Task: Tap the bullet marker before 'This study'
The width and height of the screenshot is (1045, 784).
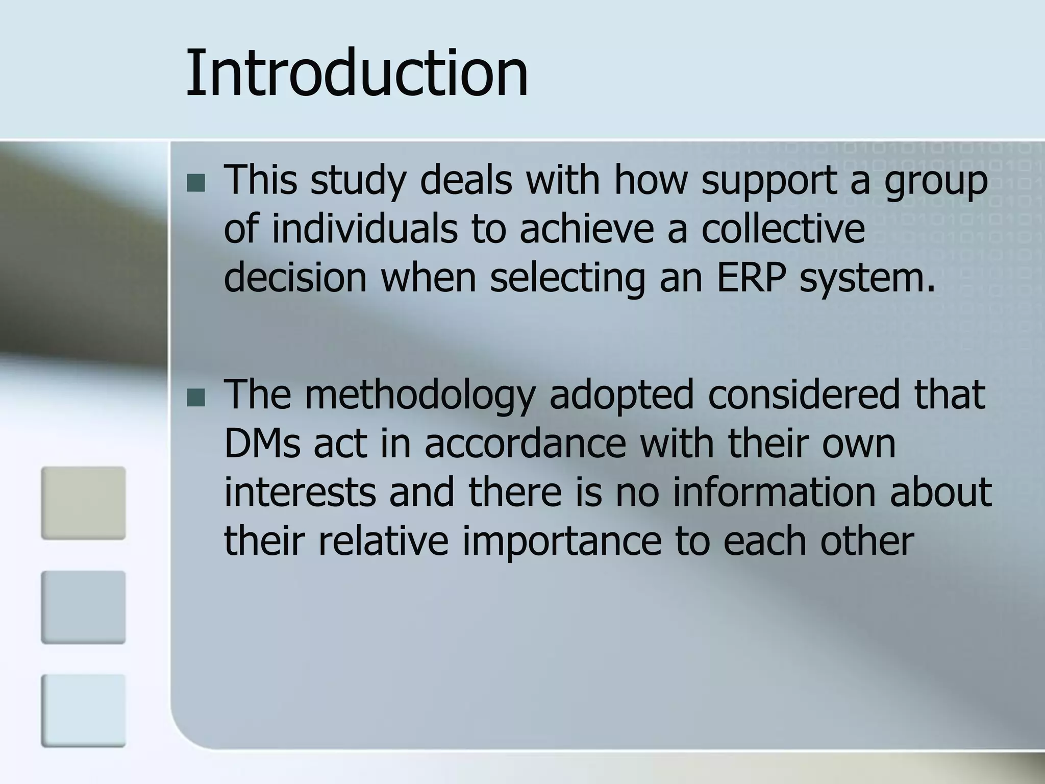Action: click(195, 183)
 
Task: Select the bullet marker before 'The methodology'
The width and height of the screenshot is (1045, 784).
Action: click(195, 398)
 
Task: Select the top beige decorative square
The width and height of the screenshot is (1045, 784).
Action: click(83, 503)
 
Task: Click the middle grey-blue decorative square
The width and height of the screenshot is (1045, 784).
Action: click(83, 607)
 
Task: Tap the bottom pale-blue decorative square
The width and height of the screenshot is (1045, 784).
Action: click(83, 710)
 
